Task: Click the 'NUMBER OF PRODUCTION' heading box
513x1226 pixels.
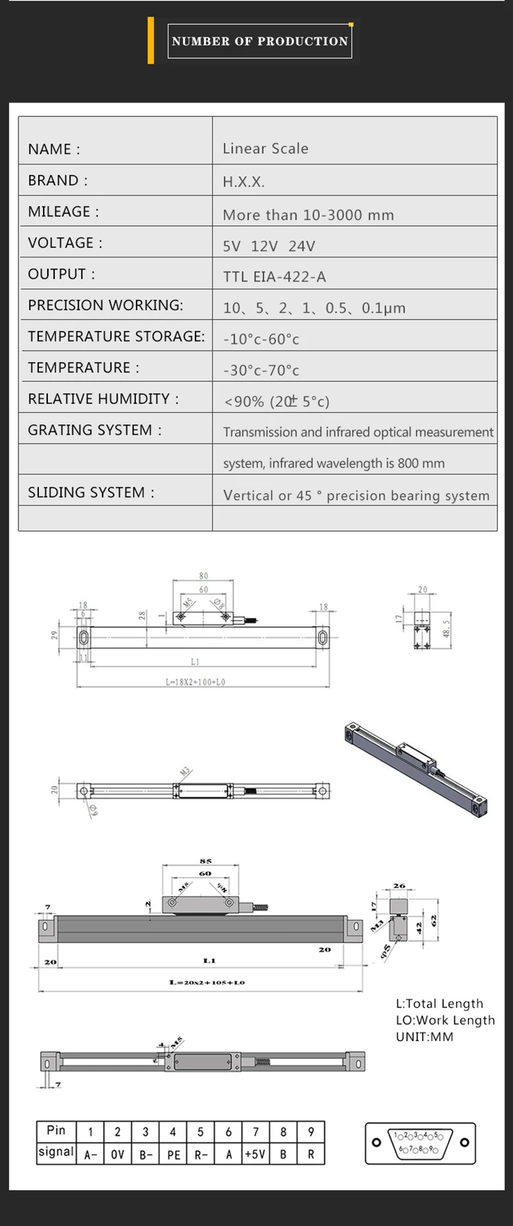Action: pyautogui.click(x=259, y=41)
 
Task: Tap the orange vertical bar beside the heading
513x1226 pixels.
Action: pyautogui.click(x=150, y=41)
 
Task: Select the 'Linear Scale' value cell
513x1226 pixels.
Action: pyautogui.click(x=265, y=149)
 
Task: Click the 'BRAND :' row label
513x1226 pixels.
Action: pyautogui.click(x=57, y=181)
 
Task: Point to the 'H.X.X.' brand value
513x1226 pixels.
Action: pyautogui.click(x=244, y=182)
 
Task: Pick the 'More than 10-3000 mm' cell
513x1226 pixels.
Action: pyautogui.click(x=308, y=215)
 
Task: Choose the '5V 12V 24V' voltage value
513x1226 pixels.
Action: pyautogui.click(x=269, y=246)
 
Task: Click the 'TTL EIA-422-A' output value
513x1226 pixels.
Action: pyautogui.click(x=274, y=277)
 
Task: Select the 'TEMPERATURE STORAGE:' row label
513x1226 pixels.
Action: pyautogui.click(x=116, y=337)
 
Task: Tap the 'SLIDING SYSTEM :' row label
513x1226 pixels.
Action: pyautogui.click(x=91, y=493)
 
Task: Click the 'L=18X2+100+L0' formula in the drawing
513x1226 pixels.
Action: pyautogui.click(x=195, y=682)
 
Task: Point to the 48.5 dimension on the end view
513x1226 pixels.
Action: pyautogui.click(x=446, y=628)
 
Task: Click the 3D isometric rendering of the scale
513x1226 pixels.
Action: pyautogui.click(x=416, y=767)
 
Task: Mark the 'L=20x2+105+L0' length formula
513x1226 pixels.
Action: pyautogui.click(x=207, y=982)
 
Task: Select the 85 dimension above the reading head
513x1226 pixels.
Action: pyautogui.click(x=205, y=861)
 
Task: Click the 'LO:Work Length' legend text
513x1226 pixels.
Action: pyautogui.click(x=445, y=1020)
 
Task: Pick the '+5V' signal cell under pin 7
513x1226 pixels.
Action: pyautogui.click(x=255, y=1155)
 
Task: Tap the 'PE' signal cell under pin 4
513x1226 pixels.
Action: pyautogui.click(x=174, y=1155)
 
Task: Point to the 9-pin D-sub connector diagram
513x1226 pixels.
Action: pyautogui.click(x=420, y=1142)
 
